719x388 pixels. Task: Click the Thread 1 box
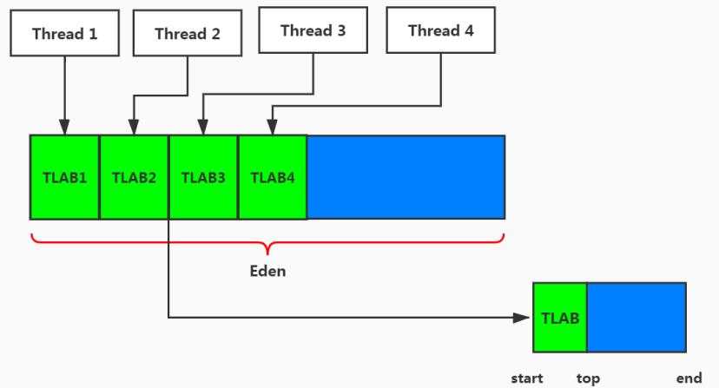(65, 34)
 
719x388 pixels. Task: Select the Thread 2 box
(188, 34)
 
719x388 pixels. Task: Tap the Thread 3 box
(313, 30)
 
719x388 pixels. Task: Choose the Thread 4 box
(440, 30)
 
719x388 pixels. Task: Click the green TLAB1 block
(65, 177)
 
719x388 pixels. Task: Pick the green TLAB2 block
(134, 177)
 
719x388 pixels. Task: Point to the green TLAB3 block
(203, 177)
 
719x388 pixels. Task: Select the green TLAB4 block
(273, 177)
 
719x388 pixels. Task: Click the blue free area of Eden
(406, 177)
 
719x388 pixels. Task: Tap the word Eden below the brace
(267, 271)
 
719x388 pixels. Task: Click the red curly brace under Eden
(267, 240)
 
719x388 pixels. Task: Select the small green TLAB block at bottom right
(560, 318)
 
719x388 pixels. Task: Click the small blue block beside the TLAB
(637, 318)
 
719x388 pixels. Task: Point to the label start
(527, 378)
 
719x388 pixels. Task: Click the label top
(588, 378)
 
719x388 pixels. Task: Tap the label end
(689, 378)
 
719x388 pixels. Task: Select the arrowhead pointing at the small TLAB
(524, 318)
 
